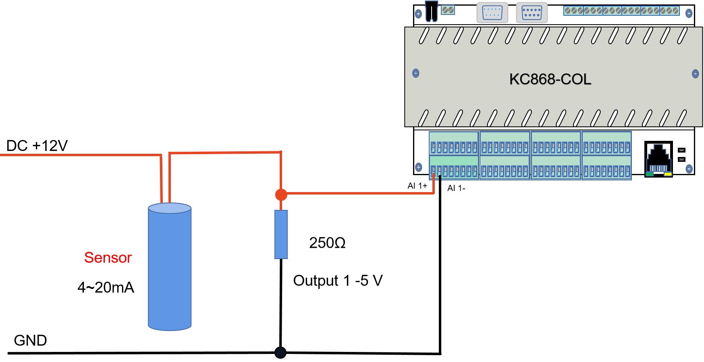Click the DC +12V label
coord(37,146)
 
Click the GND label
coord(30,341)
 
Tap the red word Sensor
coord(108,258)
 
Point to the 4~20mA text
coord(106,288)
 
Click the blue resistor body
coord(281,234)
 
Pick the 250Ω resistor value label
coord(327,243)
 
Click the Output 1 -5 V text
coord(338,281)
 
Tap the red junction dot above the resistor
coord(281,195)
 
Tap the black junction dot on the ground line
coord(280,352)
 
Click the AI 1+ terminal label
coord(417,186)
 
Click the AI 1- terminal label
coord(456,188)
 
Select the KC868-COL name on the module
coord(550,80)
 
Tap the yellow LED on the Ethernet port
coord(668,174)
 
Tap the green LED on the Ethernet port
coord(649,174)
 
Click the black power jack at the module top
coord(431,11)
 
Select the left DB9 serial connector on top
coord(492,13)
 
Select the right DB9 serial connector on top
coord(532,13)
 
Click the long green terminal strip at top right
coord(621,11)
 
